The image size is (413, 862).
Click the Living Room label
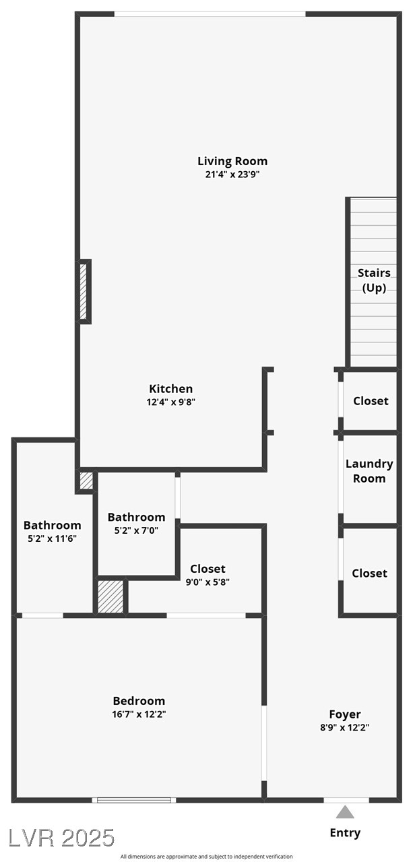(x=232, y=161)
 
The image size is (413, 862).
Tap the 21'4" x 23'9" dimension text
(x=232, y=174)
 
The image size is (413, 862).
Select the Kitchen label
(x=171, y=389)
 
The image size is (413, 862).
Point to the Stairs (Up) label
(x=374, y=280)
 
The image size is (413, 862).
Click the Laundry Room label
(x=369, y=471)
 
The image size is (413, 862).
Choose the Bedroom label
(x=139, y=701)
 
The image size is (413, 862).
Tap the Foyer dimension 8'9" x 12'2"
(x=345, y=727)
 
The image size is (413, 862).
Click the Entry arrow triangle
(x=345, y=812)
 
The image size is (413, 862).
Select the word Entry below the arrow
(x=345, y=833)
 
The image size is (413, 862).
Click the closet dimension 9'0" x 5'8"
(x=208, y=582)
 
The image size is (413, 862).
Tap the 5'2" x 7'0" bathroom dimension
(x=136, y=530)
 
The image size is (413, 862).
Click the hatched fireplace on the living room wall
(x=84, y=291)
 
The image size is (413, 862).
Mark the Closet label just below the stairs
(x=371, y=401)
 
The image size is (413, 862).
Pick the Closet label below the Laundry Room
(x=370, y=574)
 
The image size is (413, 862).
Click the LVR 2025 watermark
(x=61, y=838)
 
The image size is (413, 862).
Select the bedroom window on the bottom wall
(x=134, y=800)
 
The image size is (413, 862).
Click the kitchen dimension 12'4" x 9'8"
(x=171, y=402)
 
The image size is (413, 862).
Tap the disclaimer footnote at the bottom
(x=206, y=857)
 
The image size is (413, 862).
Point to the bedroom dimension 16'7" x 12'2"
(x=139, y=714)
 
